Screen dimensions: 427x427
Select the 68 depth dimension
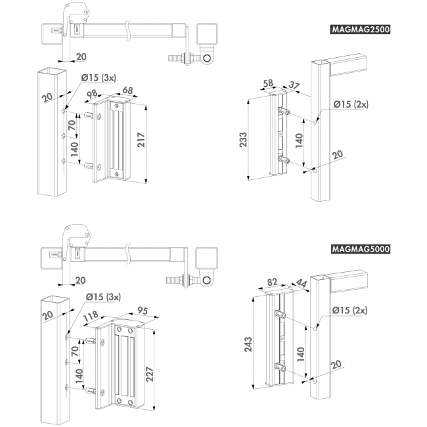[x=129, y=90]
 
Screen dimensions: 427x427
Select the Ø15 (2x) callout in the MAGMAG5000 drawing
[x=350, y=309]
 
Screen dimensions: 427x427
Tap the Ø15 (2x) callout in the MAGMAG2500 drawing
[x=350, y=104]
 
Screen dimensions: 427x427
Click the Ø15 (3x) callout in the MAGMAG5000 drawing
[x=104, y=297]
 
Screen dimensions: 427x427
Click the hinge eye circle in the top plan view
[x=208, y=60]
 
